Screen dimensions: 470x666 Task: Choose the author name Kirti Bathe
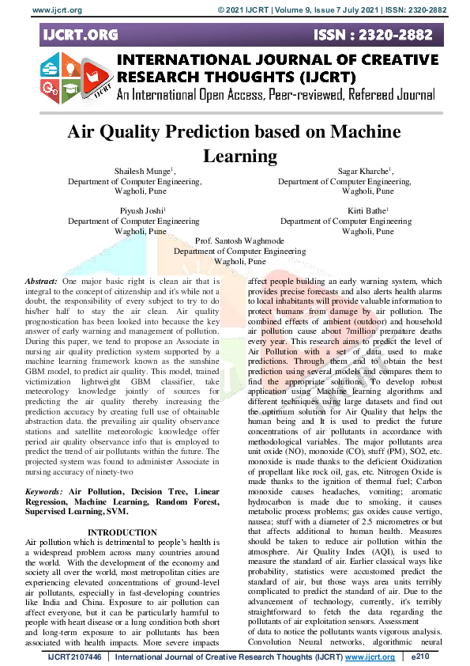[367, 211]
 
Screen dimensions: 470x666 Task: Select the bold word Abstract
[41, 282]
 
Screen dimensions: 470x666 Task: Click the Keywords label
[45, 491]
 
